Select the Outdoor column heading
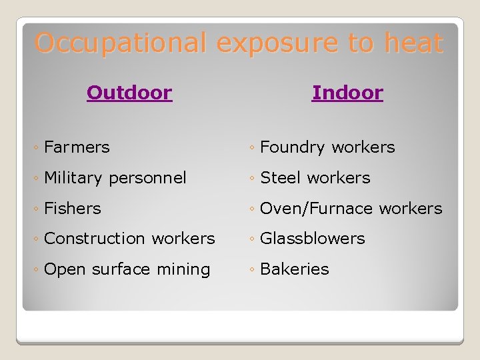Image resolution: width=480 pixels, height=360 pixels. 129,93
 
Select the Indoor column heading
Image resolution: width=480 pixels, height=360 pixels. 347,93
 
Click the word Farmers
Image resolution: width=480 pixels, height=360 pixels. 77,147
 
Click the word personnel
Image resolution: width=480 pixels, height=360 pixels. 147,178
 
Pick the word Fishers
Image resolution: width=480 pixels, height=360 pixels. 72,208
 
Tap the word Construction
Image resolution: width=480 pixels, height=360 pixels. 95,238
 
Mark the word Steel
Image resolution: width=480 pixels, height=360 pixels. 279,178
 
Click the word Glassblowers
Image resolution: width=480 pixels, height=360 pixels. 312,238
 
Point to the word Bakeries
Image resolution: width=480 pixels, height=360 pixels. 294,269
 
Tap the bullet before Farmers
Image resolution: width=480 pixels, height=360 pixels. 37,147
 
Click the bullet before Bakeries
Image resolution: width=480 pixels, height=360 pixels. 253,269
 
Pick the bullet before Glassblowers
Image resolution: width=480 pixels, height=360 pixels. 253,239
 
